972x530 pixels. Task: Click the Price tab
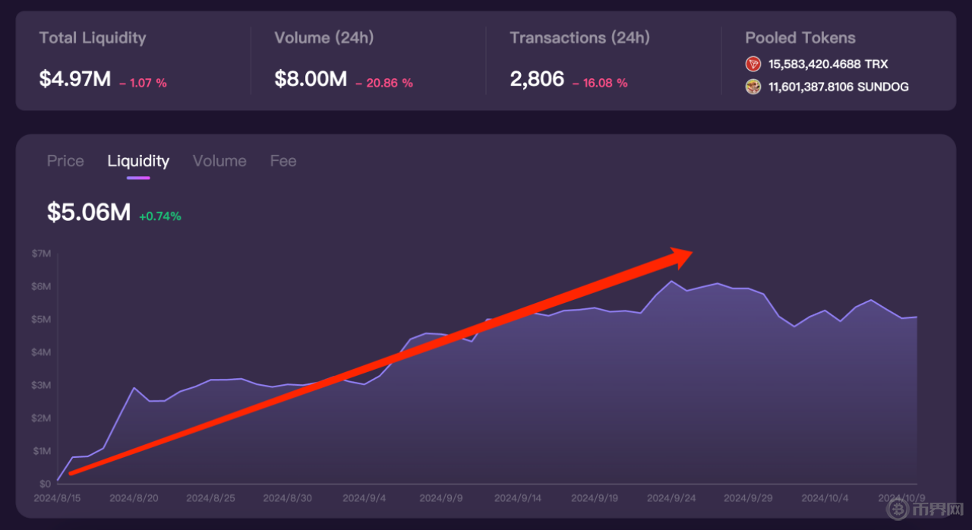65,161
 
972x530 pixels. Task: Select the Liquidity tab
138,161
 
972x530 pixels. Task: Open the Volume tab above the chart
219,161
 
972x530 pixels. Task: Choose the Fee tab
283,161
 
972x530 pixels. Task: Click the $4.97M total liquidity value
75,78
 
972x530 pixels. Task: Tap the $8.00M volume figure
311,78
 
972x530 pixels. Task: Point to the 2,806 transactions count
537,78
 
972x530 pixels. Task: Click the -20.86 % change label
384,83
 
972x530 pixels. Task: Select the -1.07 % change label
143,83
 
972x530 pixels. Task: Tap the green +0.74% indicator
159,216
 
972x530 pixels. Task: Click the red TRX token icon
753,64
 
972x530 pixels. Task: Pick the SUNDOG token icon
753,87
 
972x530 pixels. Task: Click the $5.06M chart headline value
89,213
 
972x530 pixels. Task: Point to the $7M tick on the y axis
41,253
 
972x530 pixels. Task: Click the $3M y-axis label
41,385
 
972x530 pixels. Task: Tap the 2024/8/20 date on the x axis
133,498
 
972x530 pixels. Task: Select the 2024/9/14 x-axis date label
517,498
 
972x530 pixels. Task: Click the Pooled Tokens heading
800,38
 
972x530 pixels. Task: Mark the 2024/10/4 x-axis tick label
825,498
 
